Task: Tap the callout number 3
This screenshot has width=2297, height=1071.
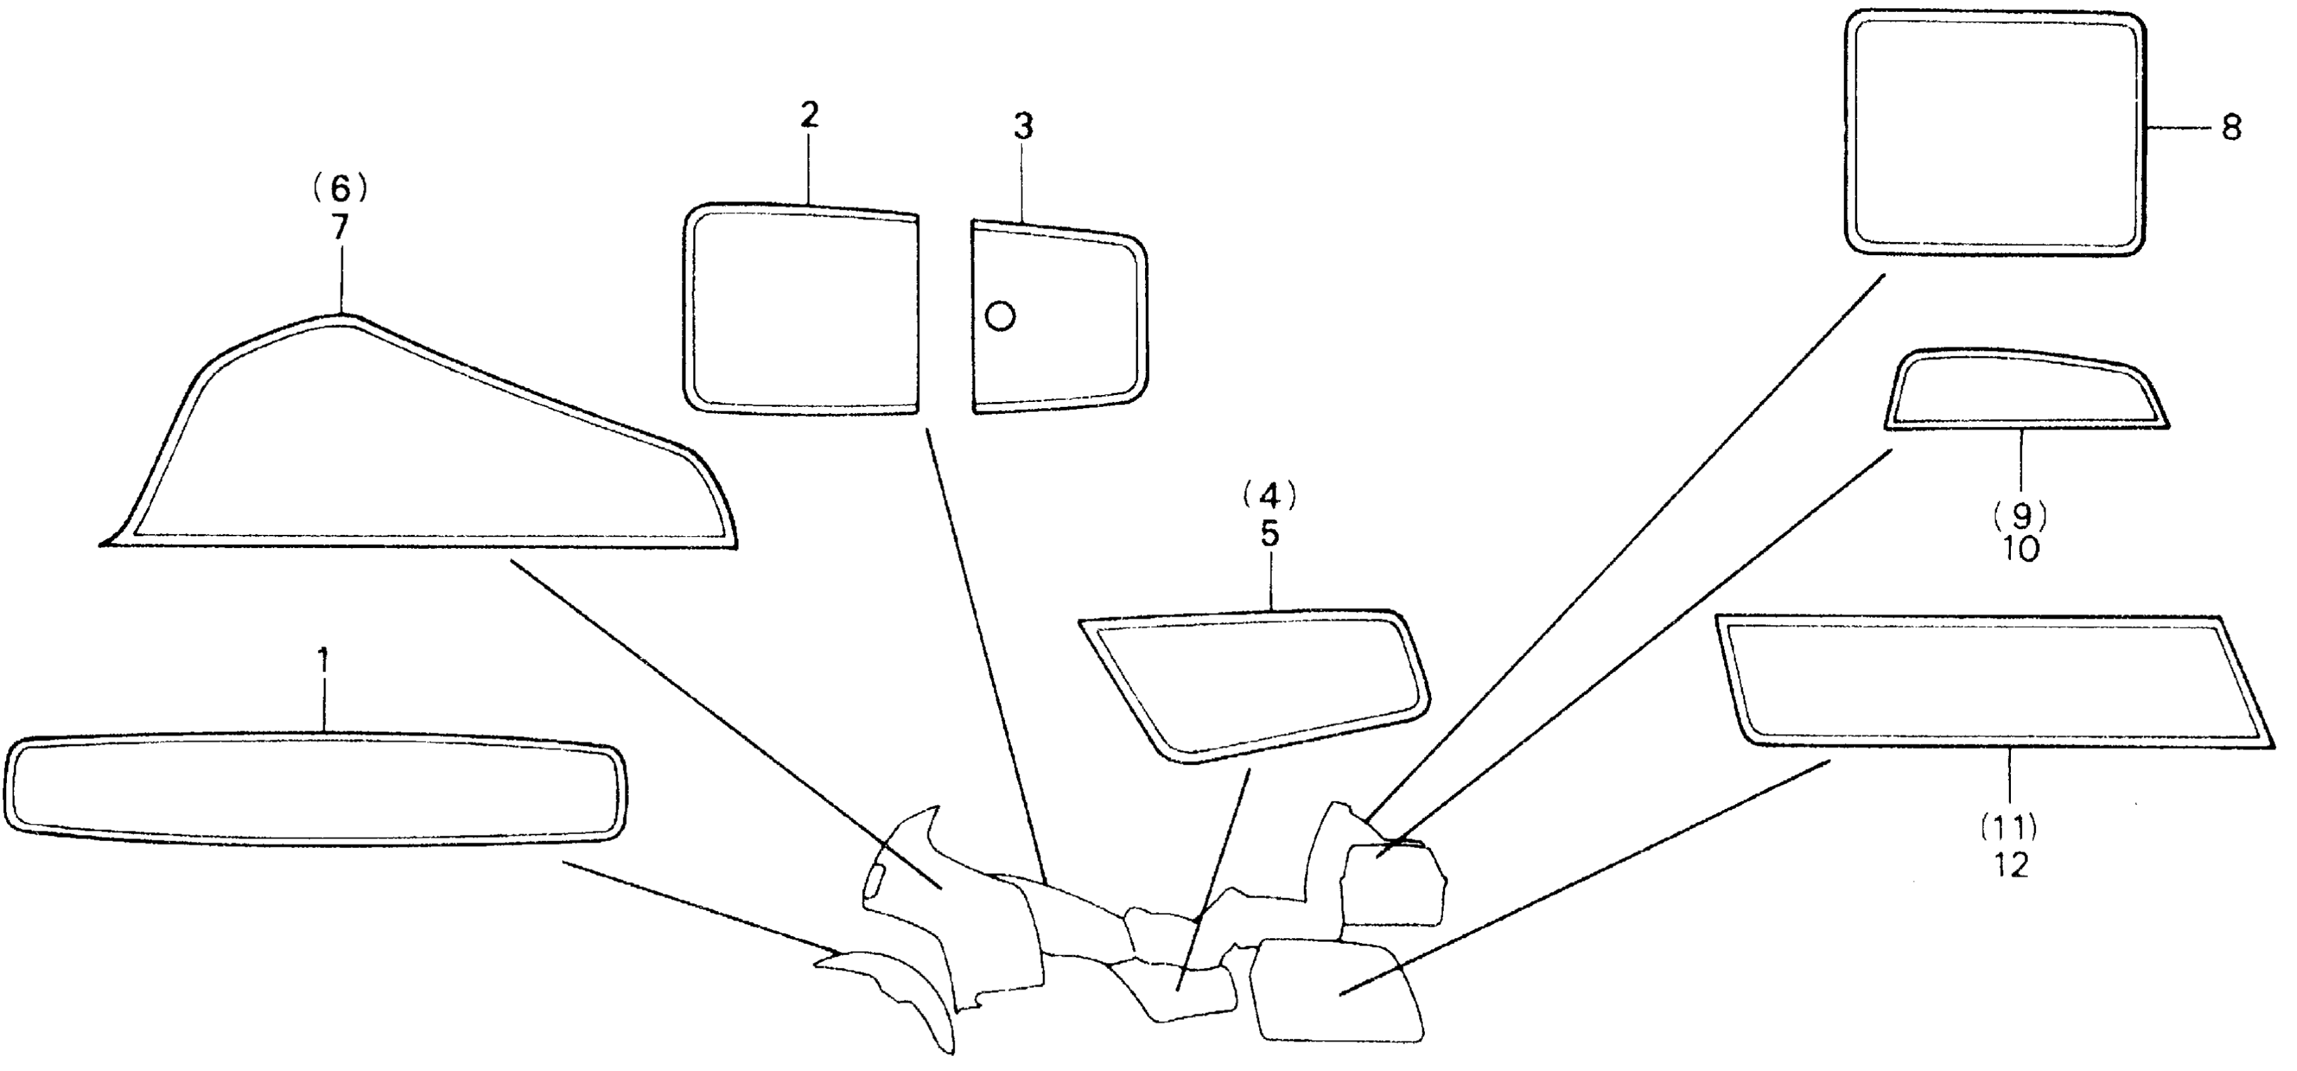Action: click(1023, 127)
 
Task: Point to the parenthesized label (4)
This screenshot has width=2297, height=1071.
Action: click(1270, 496)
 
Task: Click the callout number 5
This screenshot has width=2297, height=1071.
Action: click(1270, 534)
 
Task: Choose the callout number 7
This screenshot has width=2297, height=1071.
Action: click(340, 227)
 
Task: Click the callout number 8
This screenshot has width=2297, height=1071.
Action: click(2231, 129)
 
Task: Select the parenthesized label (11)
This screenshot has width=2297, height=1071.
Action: click(2010, 828)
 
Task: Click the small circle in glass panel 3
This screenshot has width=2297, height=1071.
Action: click(1001, 315)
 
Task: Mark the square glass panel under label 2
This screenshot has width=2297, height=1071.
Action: click(801, 309)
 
